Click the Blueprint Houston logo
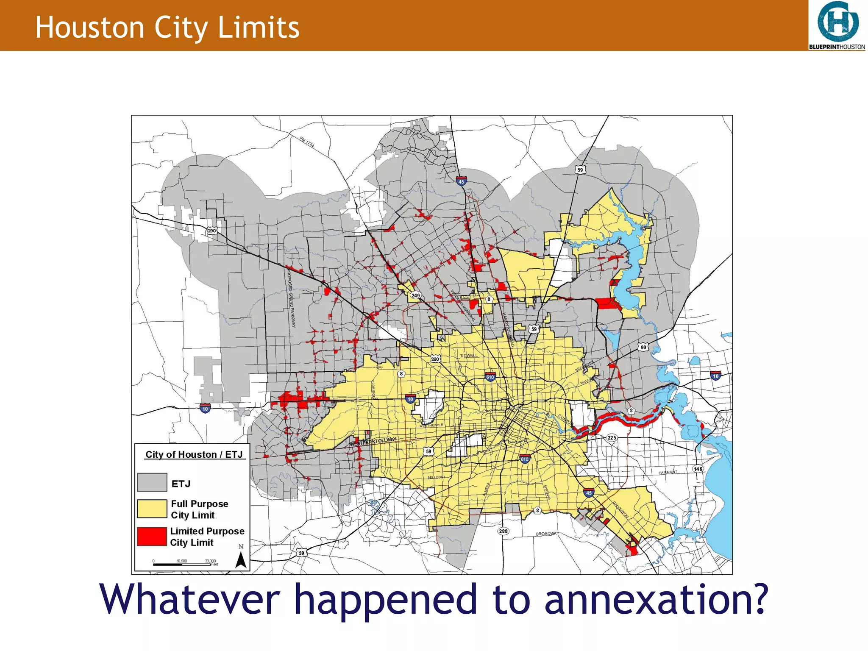[x=837, y=25]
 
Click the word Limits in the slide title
[x=258, y=28]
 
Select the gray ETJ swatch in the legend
[x=152, y=482]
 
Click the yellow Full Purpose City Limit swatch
[x=152, y=509]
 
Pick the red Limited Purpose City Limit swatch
[x=152, y=536]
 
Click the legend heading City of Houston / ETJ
[x=194, y=454]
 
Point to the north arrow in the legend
[x=241, y=559]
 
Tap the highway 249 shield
[x=415, y=295]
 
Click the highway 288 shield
[x=503, y=531]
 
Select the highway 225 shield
[x=612, y=437]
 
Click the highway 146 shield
[x=698, y=469]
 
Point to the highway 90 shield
[x=643, y=347]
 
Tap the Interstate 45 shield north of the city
[x=461, y=181]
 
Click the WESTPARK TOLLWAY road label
[x=373, y=442]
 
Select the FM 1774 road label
[x=307, y=142]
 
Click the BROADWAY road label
[x=547, y=534]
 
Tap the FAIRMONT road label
[x=668, y=472]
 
